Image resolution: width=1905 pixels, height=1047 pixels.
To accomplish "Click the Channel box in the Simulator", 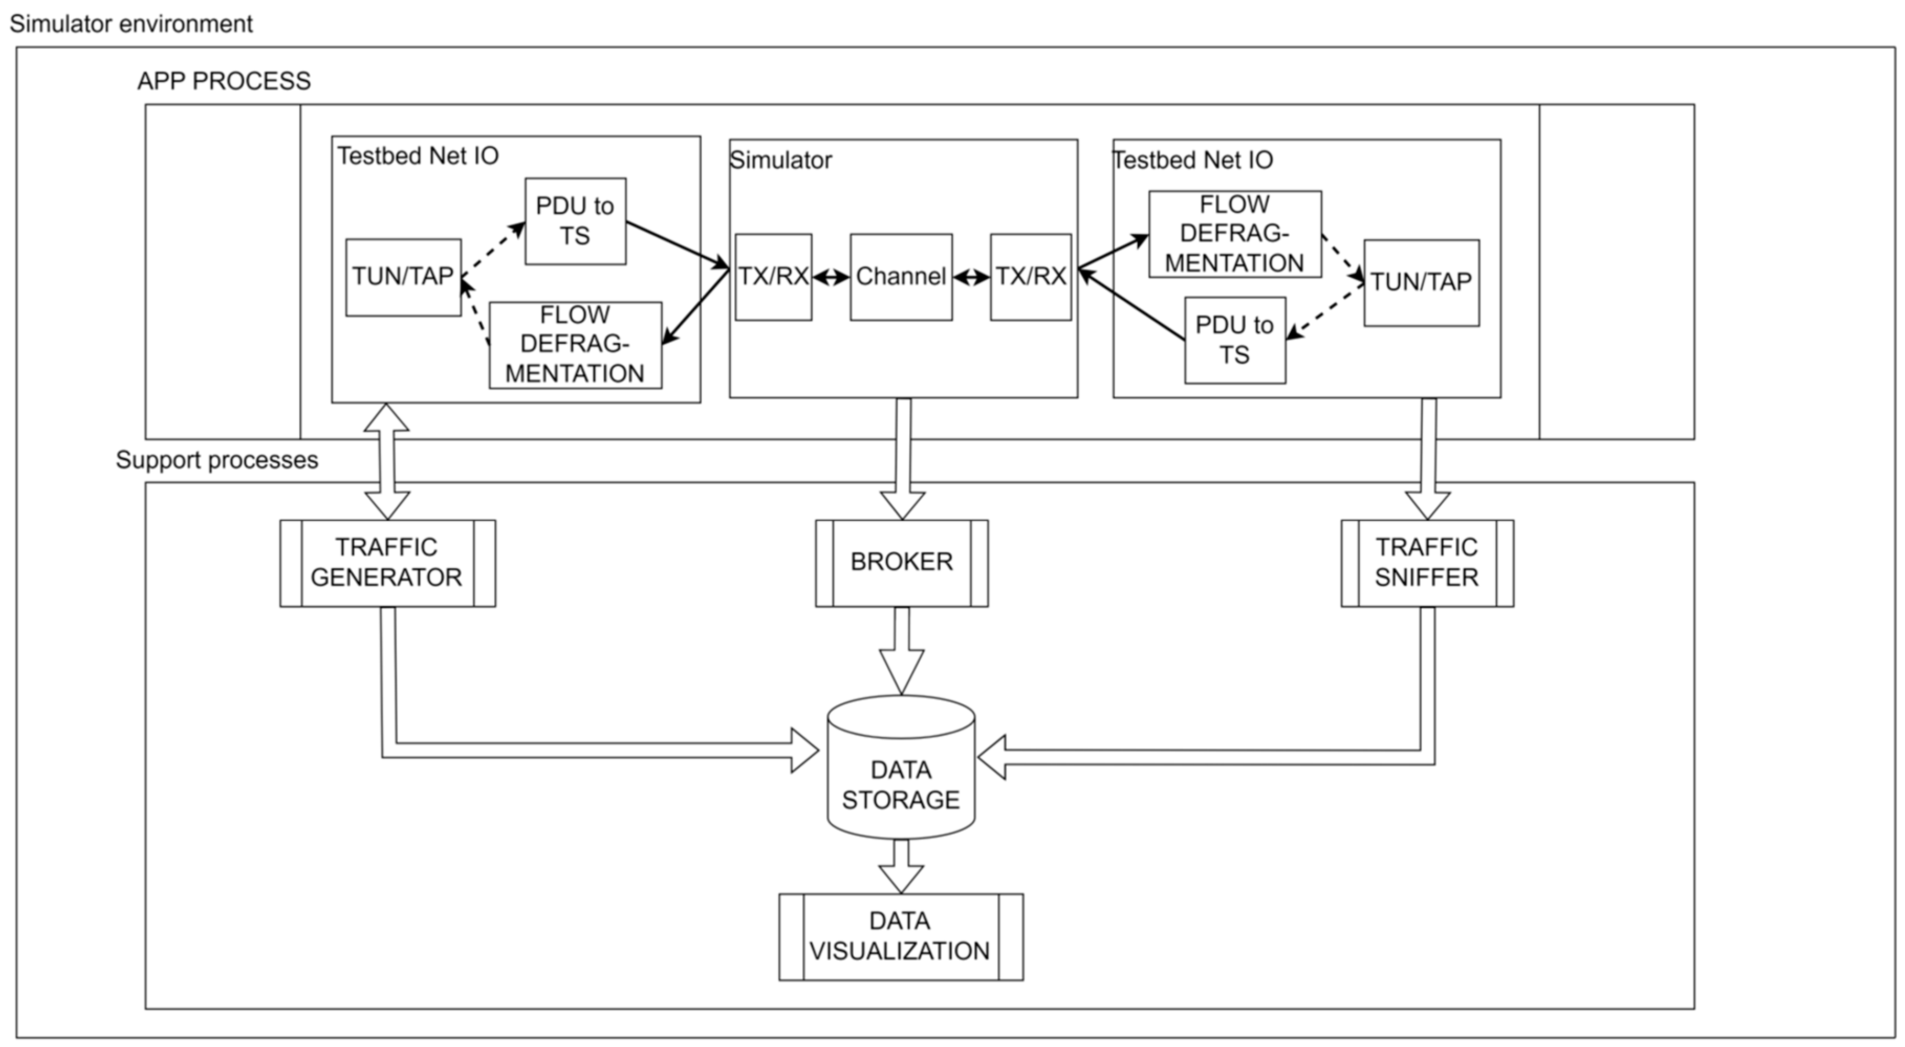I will point(901,277).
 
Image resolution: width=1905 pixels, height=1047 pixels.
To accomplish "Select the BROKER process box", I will point(901,563).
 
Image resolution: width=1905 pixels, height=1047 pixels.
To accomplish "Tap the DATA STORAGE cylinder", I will point(901,777).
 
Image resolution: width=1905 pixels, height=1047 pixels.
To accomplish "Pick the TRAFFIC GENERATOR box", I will point(387,563).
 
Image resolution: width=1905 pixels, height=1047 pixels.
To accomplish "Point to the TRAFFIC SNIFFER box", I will point(1427,563).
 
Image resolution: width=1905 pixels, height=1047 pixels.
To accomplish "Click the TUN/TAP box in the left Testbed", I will point(403,277).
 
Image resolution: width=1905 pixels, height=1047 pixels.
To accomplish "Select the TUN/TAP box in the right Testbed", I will point(1421,282).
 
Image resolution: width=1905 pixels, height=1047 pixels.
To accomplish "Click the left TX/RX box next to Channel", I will point(773,277).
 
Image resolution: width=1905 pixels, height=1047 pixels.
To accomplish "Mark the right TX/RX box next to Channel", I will point(1030,277).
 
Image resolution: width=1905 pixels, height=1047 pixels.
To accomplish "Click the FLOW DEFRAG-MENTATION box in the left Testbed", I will point(575,345).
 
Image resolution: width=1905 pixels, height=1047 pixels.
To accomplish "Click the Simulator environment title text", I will point(131,24).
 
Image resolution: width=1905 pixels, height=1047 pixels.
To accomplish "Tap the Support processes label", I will point(216,460).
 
